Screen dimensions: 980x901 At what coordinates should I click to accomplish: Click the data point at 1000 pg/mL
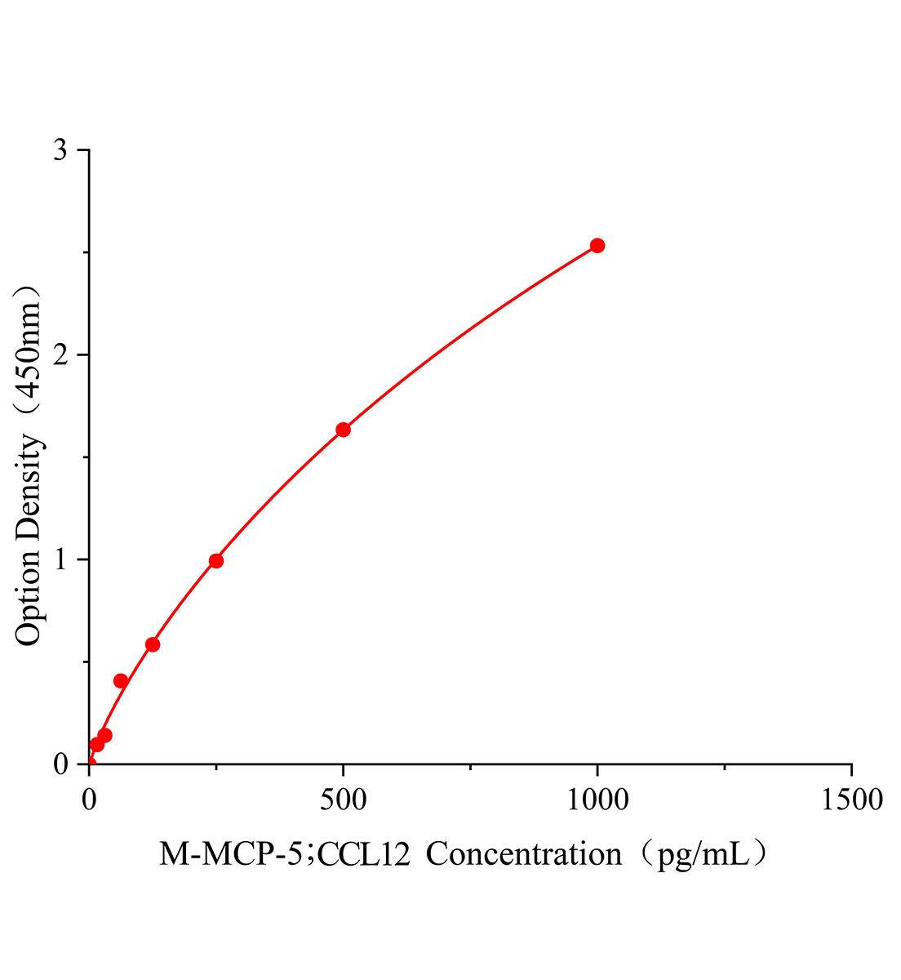click(x=597, y=246)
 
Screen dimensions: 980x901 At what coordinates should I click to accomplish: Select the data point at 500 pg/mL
click(x=344, y=430)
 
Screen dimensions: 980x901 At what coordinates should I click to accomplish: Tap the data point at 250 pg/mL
click(x=216, y=561)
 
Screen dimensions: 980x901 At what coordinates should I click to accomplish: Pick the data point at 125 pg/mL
click(x=153, y=644)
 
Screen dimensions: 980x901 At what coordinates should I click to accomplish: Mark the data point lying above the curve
click(x=121, y=681)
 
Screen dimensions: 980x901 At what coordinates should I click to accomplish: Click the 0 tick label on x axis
click(x=89, y=799)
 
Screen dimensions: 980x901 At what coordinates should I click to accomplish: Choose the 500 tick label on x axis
click(x=344, y=799)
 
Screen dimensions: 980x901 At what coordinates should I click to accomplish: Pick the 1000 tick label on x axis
click(x=597, y=799)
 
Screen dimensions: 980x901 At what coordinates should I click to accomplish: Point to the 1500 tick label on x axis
click(x=851, y=799)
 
